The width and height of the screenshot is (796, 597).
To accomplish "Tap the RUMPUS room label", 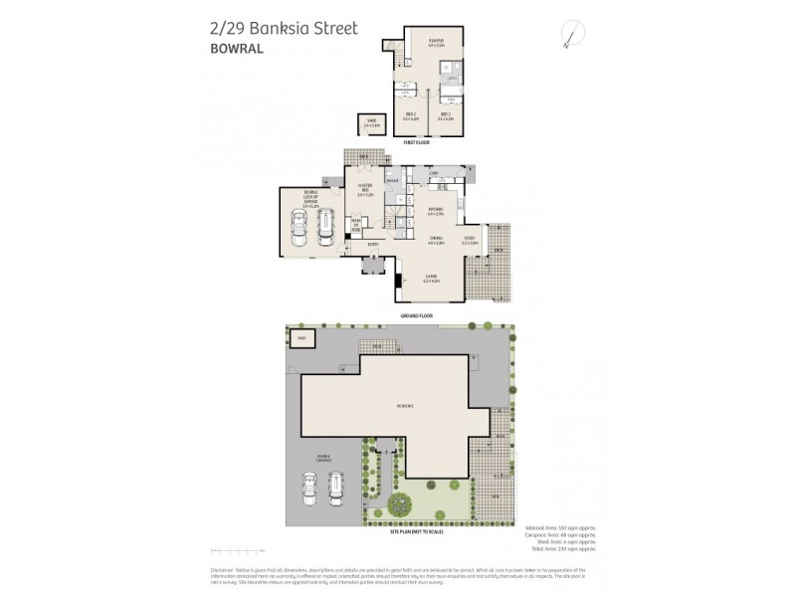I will (x=435, y=43).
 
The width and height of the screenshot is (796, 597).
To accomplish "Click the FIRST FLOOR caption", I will (x=417, y=143).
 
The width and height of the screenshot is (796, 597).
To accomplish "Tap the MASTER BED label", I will (x=366, y=192).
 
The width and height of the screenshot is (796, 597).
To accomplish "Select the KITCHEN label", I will (x=435, y=210).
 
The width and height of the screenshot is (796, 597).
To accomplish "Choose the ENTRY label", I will (x=373, y=245).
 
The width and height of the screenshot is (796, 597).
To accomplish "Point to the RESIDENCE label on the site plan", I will (x=404, y=406).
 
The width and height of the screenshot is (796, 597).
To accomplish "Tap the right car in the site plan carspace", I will (x=338, y=487).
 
